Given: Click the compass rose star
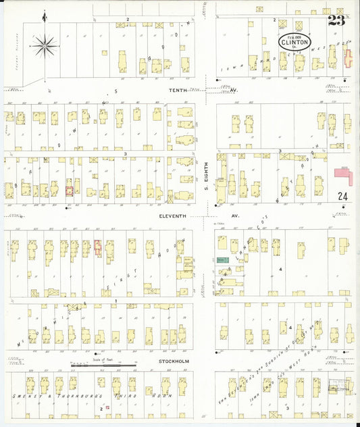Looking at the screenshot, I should [45, 46].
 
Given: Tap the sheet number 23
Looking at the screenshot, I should [336, 20].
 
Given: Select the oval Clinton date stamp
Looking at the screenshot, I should [295, 41].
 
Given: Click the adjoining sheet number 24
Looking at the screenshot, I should [342, 197].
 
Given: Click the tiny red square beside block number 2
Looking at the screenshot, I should [105, 406].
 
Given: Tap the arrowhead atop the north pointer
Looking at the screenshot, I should [45, 14].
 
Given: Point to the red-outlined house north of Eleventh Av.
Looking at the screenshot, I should [69, 191].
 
